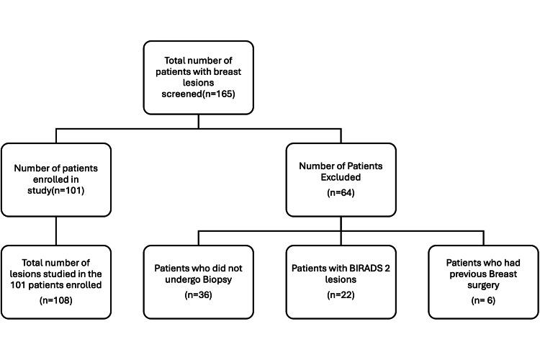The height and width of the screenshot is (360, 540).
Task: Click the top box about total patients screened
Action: pos(198,78)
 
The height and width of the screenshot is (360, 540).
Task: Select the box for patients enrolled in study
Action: pos(56,180)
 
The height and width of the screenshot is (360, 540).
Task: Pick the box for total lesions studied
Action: pos(56,282)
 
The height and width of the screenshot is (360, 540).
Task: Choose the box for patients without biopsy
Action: pos(198,282)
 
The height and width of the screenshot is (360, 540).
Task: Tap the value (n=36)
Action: pos(198,295)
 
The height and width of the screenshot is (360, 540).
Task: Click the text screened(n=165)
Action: pos(198,94)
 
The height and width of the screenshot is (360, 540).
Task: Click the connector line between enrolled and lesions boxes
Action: pos(56,231)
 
